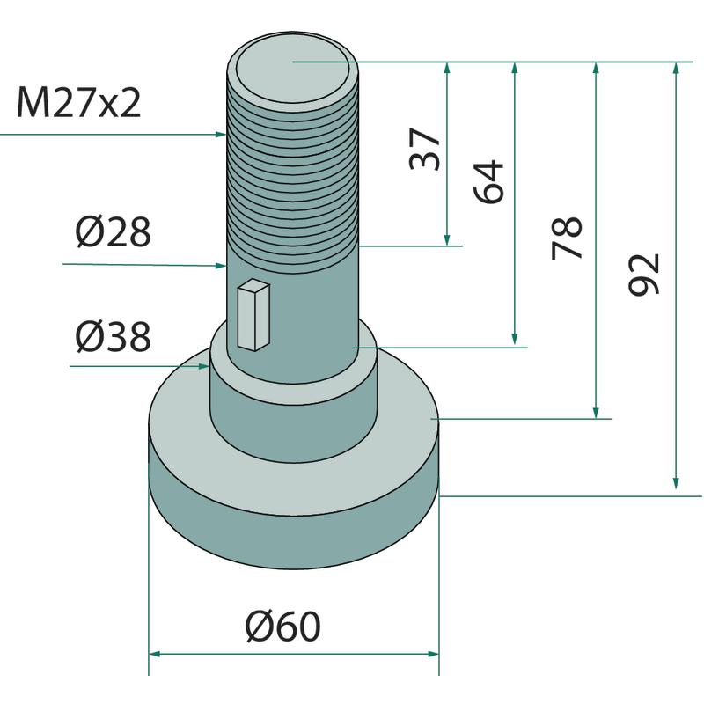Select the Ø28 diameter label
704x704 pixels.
tap(114, 233)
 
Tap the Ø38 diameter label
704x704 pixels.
tap(114, 336)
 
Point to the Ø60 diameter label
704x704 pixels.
tap(283, 627)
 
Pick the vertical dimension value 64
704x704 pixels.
tap(490, 181)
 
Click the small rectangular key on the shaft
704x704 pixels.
tap(253, 313)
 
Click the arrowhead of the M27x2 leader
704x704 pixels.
tap(222, 135)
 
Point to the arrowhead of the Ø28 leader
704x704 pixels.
tap(222, 264)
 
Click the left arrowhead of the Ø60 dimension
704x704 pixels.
tap(153, 654)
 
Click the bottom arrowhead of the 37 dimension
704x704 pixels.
tap(448, 240)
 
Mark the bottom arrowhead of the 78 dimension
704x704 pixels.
tap(598, 413)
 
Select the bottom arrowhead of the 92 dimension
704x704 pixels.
tap(676, 483)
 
